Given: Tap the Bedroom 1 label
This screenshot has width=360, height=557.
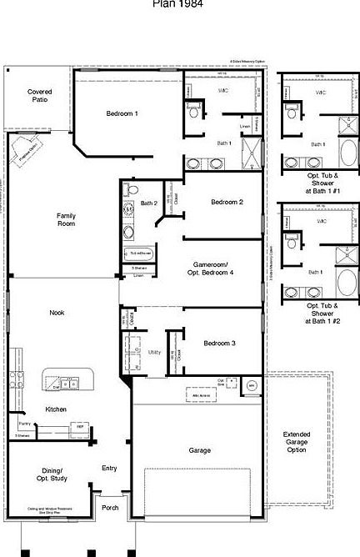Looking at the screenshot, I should click(x=122, y=113).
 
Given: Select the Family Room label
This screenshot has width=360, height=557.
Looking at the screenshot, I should click(x=67, y=219).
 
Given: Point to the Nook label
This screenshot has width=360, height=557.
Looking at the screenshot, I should click(x=57, y=313).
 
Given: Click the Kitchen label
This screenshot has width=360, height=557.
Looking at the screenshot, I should click(x=57, y=409).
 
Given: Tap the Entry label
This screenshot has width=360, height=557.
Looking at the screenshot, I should click(x=109, y=468).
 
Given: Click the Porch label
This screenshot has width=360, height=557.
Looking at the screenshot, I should click(x=109, y=507).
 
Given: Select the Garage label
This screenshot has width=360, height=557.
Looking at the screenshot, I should click(x=199, y=450).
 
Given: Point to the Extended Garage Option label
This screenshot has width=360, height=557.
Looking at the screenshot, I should click(x=296, y=443).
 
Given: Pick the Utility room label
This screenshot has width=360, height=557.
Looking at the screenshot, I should click(x=154, y=353).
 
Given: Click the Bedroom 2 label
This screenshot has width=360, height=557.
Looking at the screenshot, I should click(x=227, y=203).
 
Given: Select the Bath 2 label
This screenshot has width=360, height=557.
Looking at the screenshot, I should click(x=149, y=203).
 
